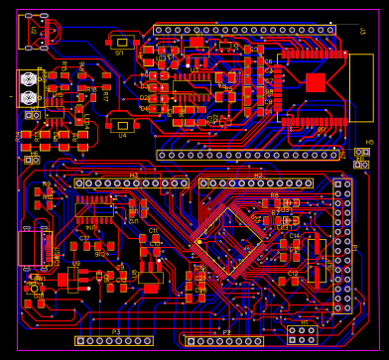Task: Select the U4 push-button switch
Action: point(122,125)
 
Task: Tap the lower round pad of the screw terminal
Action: point(29,97)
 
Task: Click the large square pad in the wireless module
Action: point(315,82)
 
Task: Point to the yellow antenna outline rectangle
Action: point(360,87)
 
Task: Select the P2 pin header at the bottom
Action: point(225,341)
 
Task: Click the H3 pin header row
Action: point(130,183)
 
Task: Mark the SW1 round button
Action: point(40,294)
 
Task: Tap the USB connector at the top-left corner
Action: point(36,30)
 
